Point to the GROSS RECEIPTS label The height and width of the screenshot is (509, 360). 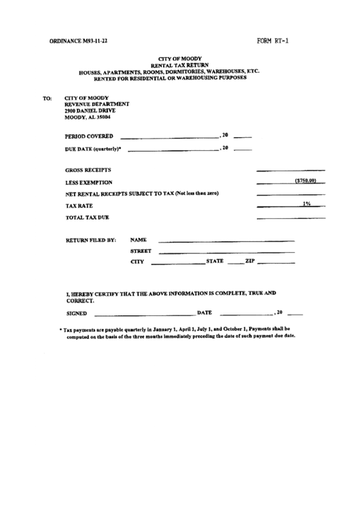pos(88,170)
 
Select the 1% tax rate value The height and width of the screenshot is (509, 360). pos(307,203)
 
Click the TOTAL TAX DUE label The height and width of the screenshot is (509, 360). pos(87,217)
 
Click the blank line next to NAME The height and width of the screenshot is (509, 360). pos(226,241)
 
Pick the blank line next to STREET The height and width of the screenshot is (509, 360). pos(226,252)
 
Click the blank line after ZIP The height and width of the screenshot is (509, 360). pos(277,262)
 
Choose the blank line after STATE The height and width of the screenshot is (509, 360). pos(235,262)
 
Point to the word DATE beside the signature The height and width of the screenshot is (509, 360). pos(204,313)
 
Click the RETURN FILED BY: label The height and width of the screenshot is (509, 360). pos(91,240)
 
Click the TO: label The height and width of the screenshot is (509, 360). pos(47,98)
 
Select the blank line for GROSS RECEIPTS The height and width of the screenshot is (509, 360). pos(291,170)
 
